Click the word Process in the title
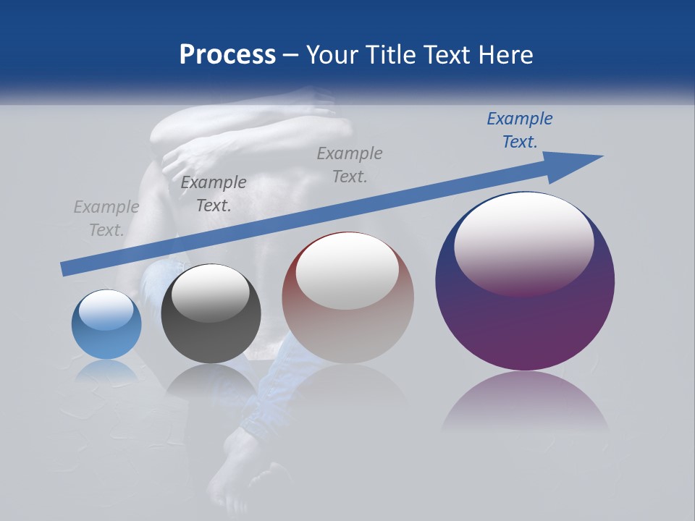[227, 55]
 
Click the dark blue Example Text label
[519, 130]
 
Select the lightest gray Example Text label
[106, 219]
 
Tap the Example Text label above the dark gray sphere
[213, 194]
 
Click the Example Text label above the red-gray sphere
[349, 165]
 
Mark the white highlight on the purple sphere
[523, 242]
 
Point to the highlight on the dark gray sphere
[210, 292]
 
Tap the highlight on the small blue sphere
[106, 310]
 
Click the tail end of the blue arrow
[67, 268]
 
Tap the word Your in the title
[330, 55]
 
